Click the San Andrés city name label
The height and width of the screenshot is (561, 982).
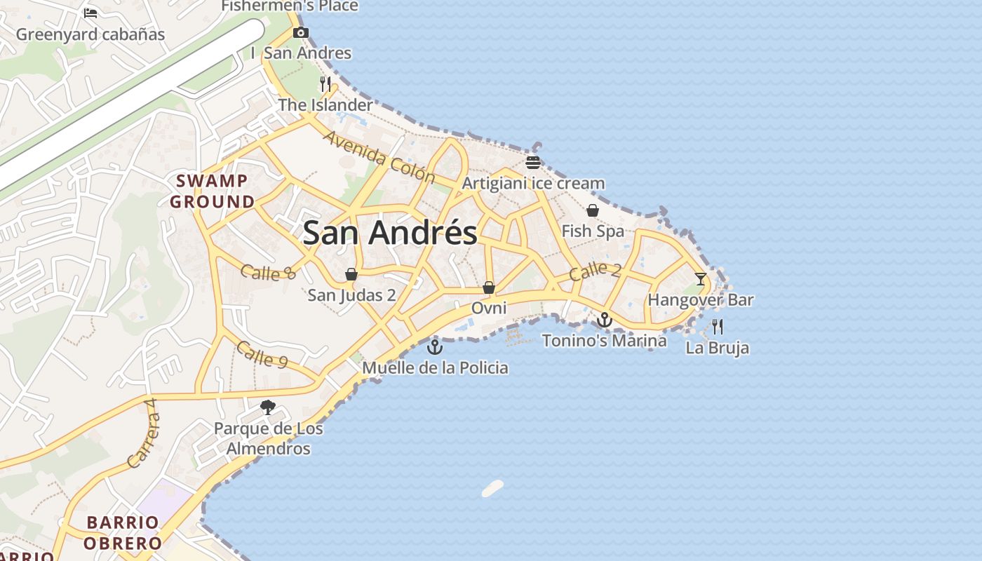(390, 233)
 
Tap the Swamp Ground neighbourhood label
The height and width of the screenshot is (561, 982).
(213, 191)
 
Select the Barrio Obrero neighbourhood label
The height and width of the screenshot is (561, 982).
(123, 532)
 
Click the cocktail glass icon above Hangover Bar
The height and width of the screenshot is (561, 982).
(700, 279)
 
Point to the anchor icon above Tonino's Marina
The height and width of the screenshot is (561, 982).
(604, 320)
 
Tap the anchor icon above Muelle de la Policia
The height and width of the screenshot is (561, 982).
(435, 346)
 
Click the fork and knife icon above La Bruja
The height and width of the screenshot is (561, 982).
(717, 327)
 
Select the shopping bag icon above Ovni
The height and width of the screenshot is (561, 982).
(489, 288)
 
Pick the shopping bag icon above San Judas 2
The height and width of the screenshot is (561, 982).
(351, 274)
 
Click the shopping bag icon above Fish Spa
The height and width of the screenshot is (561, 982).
(593, 210)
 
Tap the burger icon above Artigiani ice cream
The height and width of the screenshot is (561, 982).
(533, 163)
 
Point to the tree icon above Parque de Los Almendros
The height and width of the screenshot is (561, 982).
(267, 407)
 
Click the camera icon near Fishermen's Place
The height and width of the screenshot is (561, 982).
(301, 32)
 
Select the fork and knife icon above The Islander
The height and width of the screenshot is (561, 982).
(325, 84)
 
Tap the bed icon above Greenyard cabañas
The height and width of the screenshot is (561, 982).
(90, 13)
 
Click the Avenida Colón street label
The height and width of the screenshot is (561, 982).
(370, 154)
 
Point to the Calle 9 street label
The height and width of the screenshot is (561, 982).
(262, 355)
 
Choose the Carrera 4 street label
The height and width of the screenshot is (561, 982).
(143, 433)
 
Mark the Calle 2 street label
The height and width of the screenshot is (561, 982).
(595, 271)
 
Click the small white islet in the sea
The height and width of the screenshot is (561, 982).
(493, 488)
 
